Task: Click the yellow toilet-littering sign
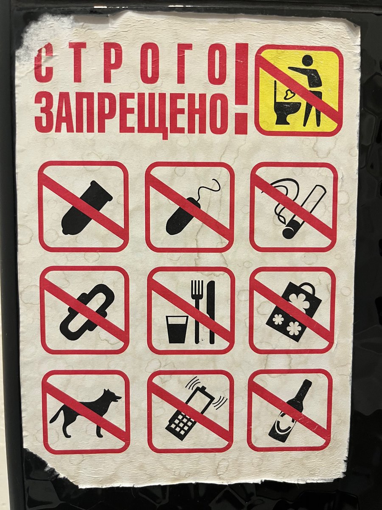[299, 90]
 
